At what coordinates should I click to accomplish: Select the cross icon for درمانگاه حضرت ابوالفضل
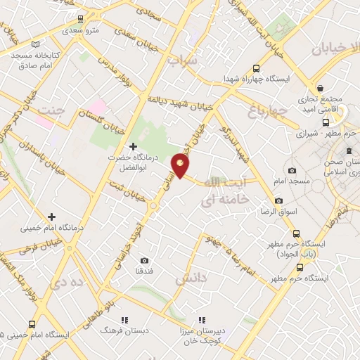(x=132, y=146)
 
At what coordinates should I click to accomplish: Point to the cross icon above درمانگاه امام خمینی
(x=51, y=217)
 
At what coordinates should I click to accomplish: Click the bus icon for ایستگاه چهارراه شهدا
(x=256, y=69)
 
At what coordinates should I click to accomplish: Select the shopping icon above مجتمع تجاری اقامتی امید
(x=321, y=89)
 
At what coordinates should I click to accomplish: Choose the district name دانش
(x=193, y=279)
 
